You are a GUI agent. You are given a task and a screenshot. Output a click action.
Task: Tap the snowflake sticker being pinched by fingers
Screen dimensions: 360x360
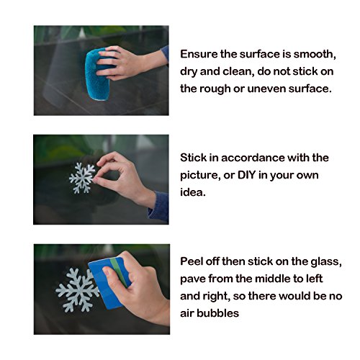click(82, 178)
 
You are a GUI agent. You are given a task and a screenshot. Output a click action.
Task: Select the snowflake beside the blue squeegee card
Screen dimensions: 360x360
click(77, 290)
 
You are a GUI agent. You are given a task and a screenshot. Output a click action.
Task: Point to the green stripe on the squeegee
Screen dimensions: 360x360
click(120, 272)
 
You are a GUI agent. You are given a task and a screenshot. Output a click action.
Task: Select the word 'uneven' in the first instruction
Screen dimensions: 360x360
click(266, 89)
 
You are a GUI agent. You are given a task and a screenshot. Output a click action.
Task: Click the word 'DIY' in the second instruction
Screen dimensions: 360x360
click(246, 175)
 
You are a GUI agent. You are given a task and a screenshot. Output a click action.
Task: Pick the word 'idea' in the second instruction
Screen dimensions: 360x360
click(193, 192)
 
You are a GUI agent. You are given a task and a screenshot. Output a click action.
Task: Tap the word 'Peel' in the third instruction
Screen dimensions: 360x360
click(191, 261)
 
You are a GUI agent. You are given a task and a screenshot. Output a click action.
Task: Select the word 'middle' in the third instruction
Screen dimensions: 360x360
click(272, 279)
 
